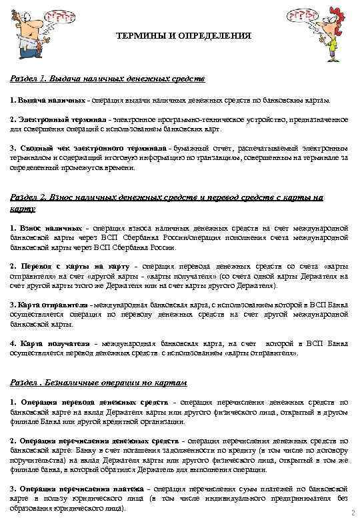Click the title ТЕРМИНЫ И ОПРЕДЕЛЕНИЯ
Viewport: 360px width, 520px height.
(x=183, y=35)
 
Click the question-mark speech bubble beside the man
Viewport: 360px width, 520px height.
(x=53, y=17)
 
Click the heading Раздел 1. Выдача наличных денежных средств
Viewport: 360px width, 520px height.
(x=107, y=79)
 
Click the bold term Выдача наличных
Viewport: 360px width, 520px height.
(x=41, y=99)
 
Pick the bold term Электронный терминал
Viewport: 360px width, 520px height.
(x=52, y=119)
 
